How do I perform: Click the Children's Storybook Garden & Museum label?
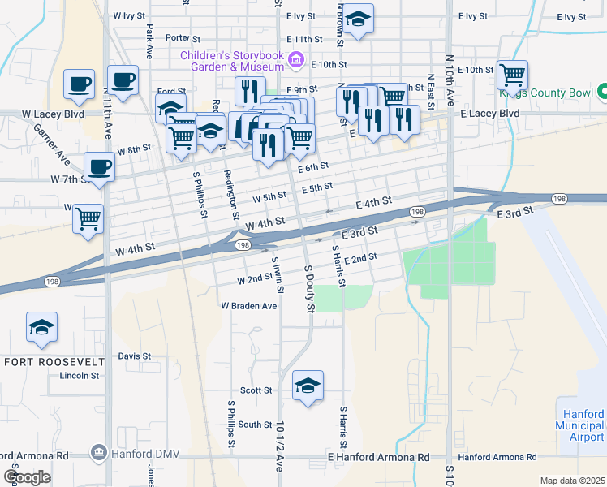(x=231, y=60)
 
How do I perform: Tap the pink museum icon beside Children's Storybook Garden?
(x=296, y=60)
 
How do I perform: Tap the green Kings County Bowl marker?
(x=602, y=93)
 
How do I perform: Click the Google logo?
(x=27, y=477)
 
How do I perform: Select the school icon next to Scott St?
(x=308, y=387)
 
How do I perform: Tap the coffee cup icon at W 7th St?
(x=99, y=166)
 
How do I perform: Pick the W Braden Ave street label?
(x=249, y=307)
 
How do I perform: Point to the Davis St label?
(x=135, y=356)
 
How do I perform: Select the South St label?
(x=255, y=425)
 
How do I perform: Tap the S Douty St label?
(x=308, y=288)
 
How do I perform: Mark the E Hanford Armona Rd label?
(x=379, y=458)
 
